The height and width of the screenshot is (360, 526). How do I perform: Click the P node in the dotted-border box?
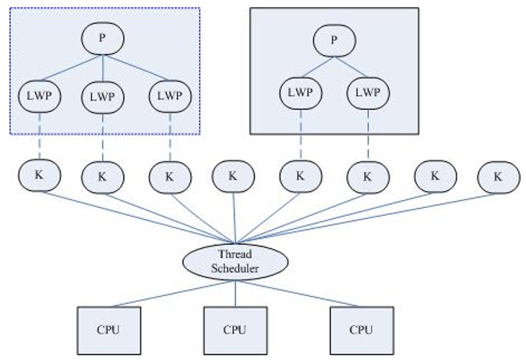click(x=103, y=38)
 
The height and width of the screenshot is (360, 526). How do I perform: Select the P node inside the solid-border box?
click(x=334, y=41)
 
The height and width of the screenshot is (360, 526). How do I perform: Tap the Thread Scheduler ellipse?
click(x=235, y=262)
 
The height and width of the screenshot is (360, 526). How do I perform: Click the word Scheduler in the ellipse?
click(x=235, y=268)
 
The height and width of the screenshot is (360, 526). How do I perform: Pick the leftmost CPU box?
click(x=109, y=330)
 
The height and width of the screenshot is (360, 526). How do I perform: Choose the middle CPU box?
click(x=235, y=330)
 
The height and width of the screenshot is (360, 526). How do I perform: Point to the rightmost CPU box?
click(x=362, y=330)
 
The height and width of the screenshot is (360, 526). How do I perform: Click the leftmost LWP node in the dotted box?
click(x=40, y=97)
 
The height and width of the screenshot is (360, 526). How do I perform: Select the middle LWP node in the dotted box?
click(x=103, y=97)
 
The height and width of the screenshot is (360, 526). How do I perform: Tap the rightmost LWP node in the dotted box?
click(x=170, y=97)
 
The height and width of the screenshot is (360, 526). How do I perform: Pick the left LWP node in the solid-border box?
click(x=301, y=93)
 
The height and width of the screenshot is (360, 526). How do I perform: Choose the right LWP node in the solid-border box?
click(x=368, y=93)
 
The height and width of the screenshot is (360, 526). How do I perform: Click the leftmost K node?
click(x=40, y=175)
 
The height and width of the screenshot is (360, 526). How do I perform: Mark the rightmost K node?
click(x=499, y=177)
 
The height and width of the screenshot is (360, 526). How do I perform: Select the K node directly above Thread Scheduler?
click(x=233, y=176)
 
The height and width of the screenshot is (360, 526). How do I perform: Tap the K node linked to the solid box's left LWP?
click(x=301, y=176)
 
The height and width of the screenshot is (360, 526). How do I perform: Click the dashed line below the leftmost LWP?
click(x=40, y=136)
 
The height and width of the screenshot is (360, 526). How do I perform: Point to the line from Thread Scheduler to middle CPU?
click(x=235, y=293)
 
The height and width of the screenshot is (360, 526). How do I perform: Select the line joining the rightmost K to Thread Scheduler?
click(x=367, y=218)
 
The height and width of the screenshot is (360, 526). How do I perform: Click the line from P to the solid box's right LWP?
click(x=351, y=67)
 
